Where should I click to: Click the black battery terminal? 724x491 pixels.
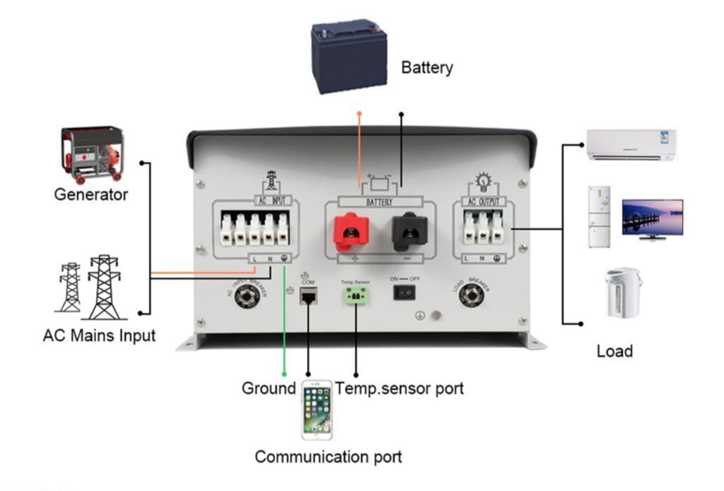tap(407, 229)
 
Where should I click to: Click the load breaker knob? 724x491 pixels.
tap(472, 296)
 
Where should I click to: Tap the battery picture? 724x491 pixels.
tap(349, 57)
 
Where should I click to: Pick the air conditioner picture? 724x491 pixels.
tap(631, 145)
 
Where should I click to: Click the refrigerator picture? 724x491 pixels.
tap(599, 216)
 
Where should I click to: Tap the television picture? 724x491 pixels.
tap(652, 219)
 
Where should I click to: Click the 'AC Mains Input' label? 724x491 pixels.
tap(99, 335)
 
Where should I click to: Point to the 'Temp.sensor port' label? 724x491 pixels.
tap(399, 388)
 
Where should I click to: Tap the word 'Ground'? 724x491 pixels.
tap(268, 388)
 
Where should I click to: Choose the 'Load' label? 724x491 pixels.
tap(614, 351)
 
